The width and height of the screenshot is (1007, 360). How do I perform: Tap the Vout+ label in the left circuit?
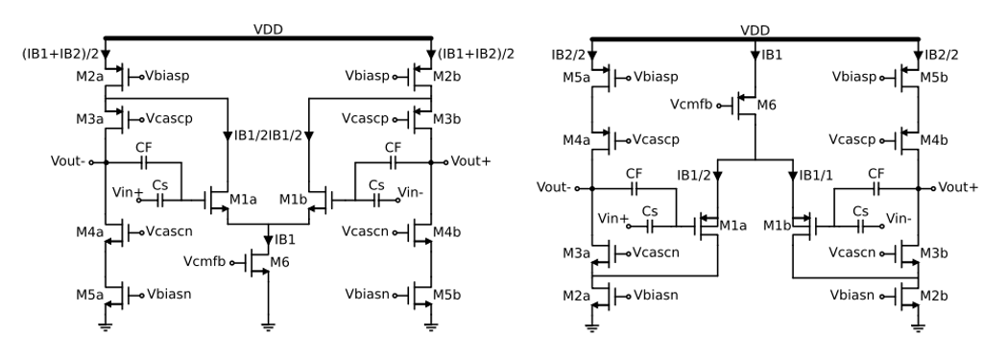point(472,161)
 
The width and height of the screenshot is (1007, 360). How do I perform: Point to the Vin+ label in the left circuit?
point(127,192)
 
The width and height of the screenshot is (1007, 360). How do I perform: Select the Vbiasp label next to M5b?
point(861,72)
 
